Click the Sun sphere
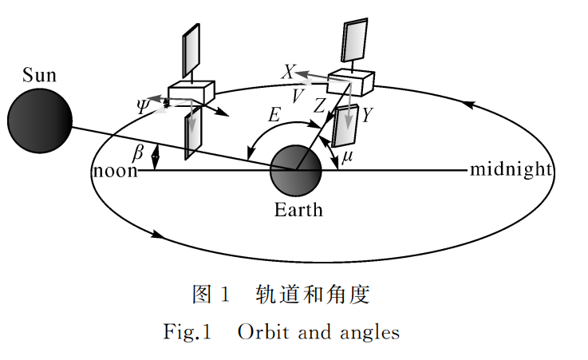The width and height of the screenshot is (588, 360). pos(40,120)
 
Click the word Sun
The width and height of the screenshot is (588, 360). pos(40,76)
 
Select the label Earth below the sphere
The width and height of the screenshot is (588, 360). pos(299,210)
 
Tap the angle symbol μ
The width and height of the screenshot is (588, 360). pos(346,157)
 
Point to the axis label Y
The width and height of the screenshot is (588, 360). pos(366,116)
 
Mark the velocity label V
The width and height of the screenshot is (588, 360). pos(298,96)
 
